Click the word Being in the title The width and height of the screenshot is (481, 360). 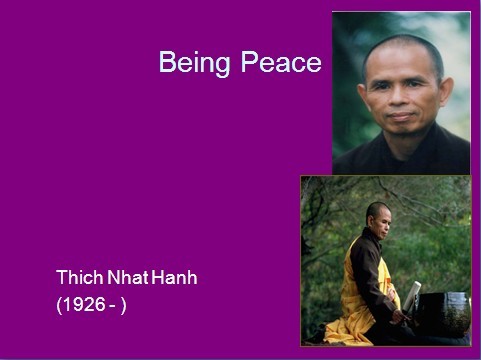point(194,63)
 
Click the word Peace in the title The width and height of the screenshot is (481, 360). point(281,62)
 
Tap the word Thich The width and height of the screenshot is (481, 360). point(80,277)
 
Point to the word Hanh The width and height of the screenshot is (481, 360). point(175,277)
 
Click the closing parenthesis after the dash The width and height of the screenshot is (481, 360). point(124,305)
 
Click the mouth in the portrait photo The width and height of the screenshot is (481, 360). point(401,116)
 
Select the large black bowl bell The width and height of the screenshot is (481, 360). point(442,314)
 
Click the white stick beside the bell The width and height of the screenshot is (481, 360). point(412,295)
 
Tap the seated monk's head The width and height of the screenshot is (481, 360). point(378,219)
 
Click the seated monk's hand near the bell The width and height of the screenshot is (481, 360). point(399,316)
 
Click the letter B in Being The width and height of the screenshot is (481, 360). point(167,62)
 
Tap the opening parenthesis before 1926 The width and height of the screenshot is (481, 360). point(59,305)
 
